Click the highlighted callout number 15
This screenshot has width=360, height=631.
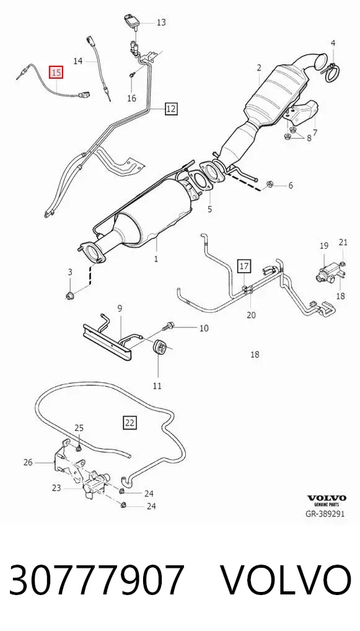[56, 73]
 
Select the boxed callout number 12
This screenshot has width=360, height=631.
[170, 108]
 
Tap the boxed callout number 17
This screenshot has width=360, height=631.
[244, 266]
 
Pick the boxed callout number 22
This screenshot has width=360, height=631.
[130, 423]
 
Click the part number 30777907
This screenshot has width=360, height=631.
[97, 580]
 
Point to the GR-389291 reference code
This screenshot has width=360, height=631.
[325, 513]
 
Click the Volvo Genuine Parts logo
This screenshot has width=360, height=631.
[327, 500]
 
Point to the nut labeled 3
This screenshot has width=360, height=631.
[70, 297]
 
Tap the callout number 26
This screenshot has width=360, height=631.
[28, 462]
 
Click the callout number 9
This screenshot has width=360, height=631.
[120, 309]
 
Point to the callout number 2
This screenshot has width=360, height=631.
[259, 68]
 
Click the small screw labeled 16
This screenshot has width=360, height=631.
[133, 75]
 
